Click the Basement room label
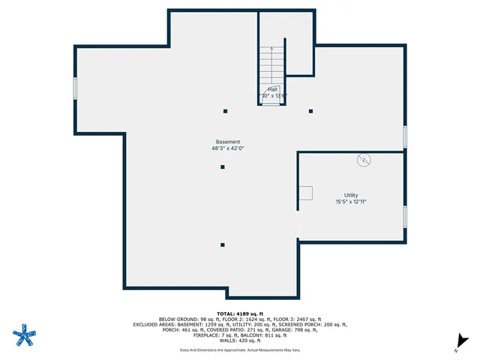[x=228, y=142]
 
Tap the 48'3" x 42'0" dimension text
[x=228, y=148]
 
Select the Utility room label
[x=351, y=195]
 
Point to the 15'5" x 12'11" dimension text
[x=351, y=202]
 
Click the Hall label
[x=272, y=89]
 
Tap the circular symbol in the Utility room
[x=364, y=160]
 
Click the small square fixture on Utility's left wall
[x=305, y=193]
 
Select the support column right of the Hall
[x=310, y=111]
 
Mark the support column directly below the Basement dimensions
[x=223, y=167]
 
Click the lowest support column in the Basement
[x=223, y=244]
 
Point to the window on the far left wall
[x=75, y=88]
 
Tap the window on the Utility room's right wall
[x=405, y=216]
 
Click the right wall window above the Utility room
[x=405, y=136]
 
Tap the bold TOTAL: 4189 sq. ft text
[x=239, y=313]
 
